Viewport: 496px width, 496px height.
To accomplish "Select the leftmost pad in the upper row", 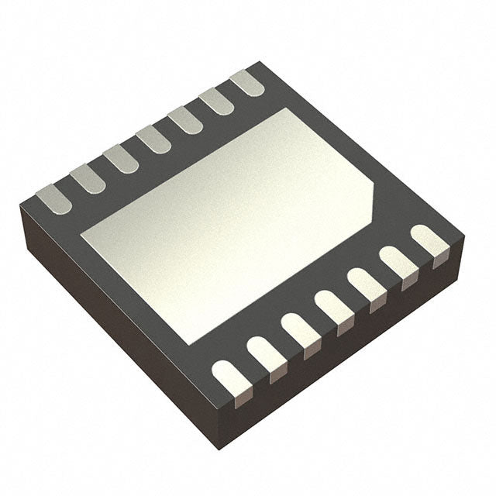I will [x=54, y=198].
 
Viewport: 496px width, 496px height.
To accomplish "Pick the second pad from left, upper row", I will [x=88, y=178].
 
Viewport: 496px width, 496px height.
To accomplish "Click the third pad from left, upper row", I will [x=121, y=158].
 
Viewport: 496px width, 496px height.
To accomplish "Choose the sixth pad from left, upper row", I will [x=217, y=100].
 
